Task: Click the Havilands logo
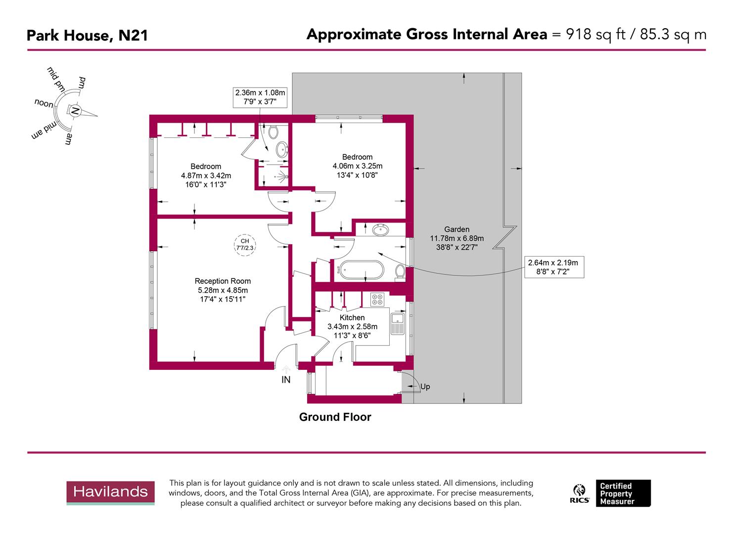coord(110,492)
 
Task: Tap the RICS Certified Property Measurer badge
coord(611,493)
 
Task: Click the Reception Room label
coord(223,281)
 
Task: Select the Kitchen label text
coord(352,318)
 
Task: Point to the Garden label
coord(457,229)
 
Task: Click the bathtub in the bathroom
coord(360,270)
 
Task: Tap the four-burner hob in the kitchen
coord(377,299)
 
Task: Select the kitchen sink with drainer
coord(398,324)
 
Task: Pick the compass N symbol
coord(75,111)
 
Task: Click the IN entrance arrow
coord(286,370)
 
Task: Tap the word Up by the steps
coord(425,387)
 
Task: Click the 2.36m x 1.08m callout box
coord(260,97)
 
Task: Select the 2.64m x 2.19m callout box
coord(553,267)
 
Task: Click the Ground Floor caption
coord(335,417)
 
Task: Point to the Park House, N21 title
coord(87,36)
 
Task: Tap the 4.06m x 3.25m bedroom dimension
coord(357,166)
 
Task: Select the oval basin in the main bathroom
coord(380,230)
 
